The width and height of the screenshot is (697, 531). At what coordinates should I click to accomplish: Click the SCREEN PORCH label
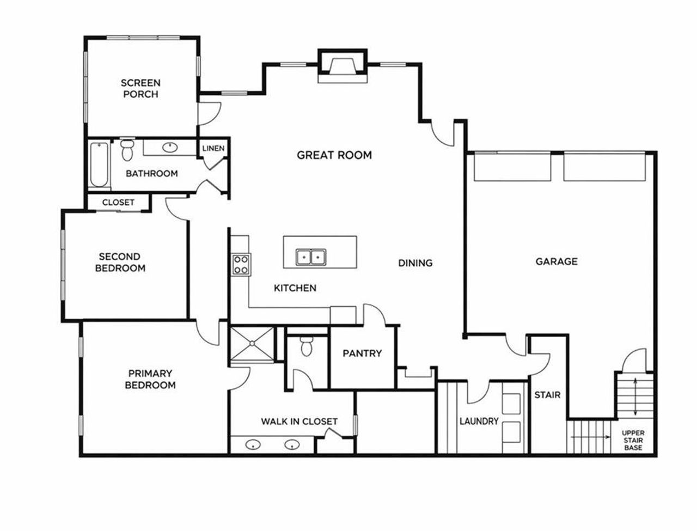pos(140,89)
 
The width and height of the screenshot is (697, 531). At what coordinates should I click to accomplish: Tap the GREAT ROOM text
pos(334,155)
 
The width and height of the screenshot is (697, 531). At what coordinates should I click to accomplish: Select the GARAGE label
pos(556,262)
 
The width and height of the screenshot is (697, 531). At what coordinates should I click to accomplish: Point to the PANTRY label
pos(362,353)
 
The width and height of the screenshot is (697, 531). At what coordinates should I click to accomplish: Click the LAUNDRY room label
pos(479,421)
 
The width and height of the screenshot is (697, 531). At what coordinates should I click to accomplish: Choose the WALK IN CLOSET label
pos(299,422)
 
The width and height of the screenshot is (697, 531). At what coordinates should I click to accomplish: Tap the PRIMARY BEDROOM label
pos(150,380)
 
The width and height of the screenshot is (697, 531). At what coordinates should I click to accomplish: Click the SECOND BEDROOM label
pos(120,263)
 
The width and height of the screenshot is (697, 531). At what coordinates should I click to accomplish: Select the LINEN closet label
pos(213,148)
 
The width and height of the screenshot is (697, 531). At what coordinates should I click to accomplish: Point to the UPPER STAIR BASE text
pos(633,440)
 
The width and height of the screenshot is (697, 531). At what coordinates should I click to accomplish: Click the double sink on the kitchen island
pos(311,257)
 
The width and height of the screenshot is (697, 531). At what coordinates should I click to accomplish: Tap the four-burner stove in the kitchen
pos(241,264)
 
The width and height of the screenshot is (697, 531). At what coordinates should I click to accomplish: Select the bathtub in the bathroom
pos(99,165)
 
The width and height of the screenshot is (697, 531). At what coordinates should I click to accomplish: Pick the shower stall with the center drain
pos(252,344)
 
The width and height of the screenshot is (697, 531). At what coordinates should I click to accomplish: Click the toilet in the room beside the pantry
pos(307,346)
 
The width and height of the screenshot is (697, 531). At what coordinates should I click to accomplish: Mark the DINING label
pos(415,263)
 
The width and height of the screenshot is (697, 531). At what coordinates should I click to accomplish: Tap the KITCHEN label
pos(295,288)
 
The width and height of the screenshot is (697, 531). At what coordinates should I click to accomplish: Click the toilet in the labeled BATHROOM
pos(127,151)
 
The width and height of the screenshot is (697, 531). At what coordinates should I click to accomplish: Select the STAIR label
pos(547,395)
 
